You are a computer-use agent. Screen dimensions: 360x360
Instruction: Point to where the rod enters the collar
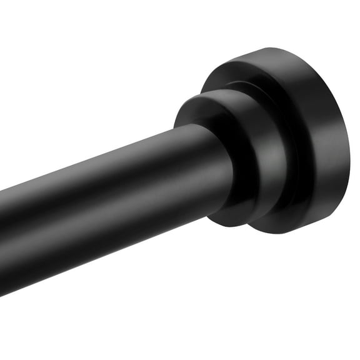click(x=216, y=169)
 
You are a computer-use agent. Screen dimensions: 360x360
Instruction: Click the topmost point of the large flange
click(x=275, y=48)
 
